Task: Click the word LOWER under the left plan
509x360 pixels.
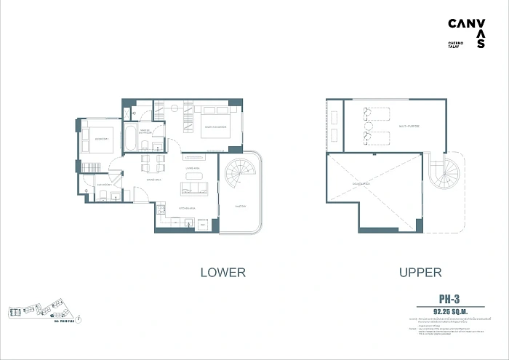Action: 223,273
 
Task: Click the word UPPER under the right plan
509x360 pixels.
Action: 420,273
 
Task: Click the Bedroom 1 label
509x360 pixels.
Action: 99,138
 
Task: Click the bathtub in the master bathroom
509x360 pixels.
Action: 129,138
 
